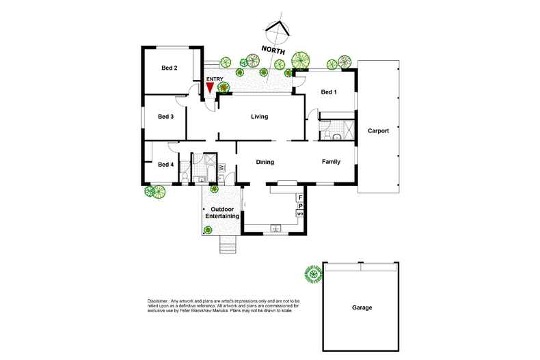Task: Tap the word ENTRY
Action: [x=215, y=79]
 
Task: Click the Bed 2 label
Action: [x=170, y=68]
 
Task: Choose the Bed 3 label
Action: [x=166, y=116]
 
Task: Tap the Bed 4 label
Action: [x=166, y=164]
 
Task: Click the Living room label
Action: [x=259, y=117]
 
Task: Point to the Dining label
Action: [x=265, y=163]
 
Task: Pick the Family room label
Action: [x=333, y=162]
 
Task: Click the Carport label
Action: [x=378, y=130]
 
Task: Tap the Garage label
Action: [x=362, y=308]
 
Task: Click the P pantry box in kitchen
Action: [x=299, y=206]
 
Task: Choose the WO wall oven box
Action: [x=299, y=214]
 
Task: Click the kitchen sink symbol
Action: [x=277, y=228]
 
